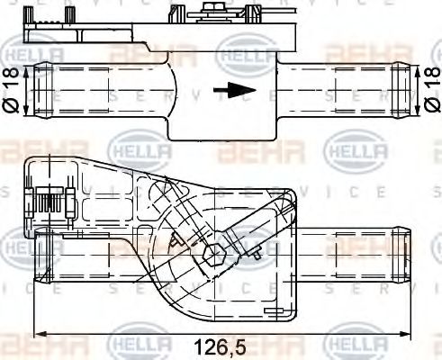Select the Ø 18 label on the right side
coord(431,91)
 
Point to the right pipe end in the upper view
coord(401,90)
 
